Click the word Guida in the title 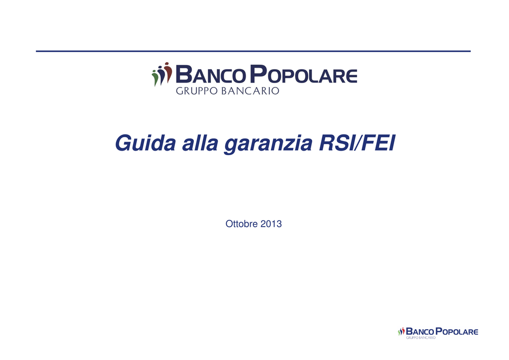(146, 143)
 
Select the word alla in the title (200, 143)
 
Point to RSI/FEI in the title (357, 143)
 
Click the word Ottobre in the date (242, 224)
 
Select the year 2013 (271, 224)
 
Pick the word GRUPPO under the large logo (196, 90)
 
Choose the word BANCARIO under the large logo (250, 90)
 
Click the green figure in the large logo (156, 79)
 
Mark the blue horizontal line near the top (253, 51)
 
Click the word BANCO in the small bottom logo (420, 332)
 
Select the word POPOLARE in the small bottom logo (457, 332)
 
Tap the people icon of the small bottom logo (401, 332)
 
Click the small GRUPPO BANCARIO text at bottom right (421, 338)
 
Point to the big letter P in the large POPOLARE (258, 74)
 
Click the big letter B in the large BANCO (184, 74)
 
